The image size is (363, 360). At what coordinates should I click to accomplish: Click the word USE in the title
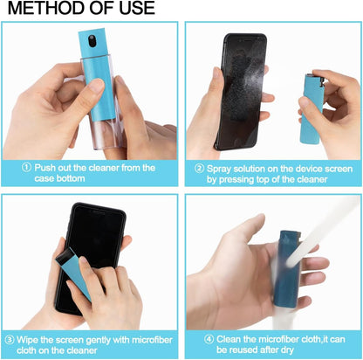pos(134,9)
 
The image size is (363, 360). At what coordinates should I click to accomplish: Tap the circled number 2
pos(199,167)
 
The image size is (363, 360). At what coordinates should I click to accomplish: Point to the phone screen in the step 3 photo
pos(88,236)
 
